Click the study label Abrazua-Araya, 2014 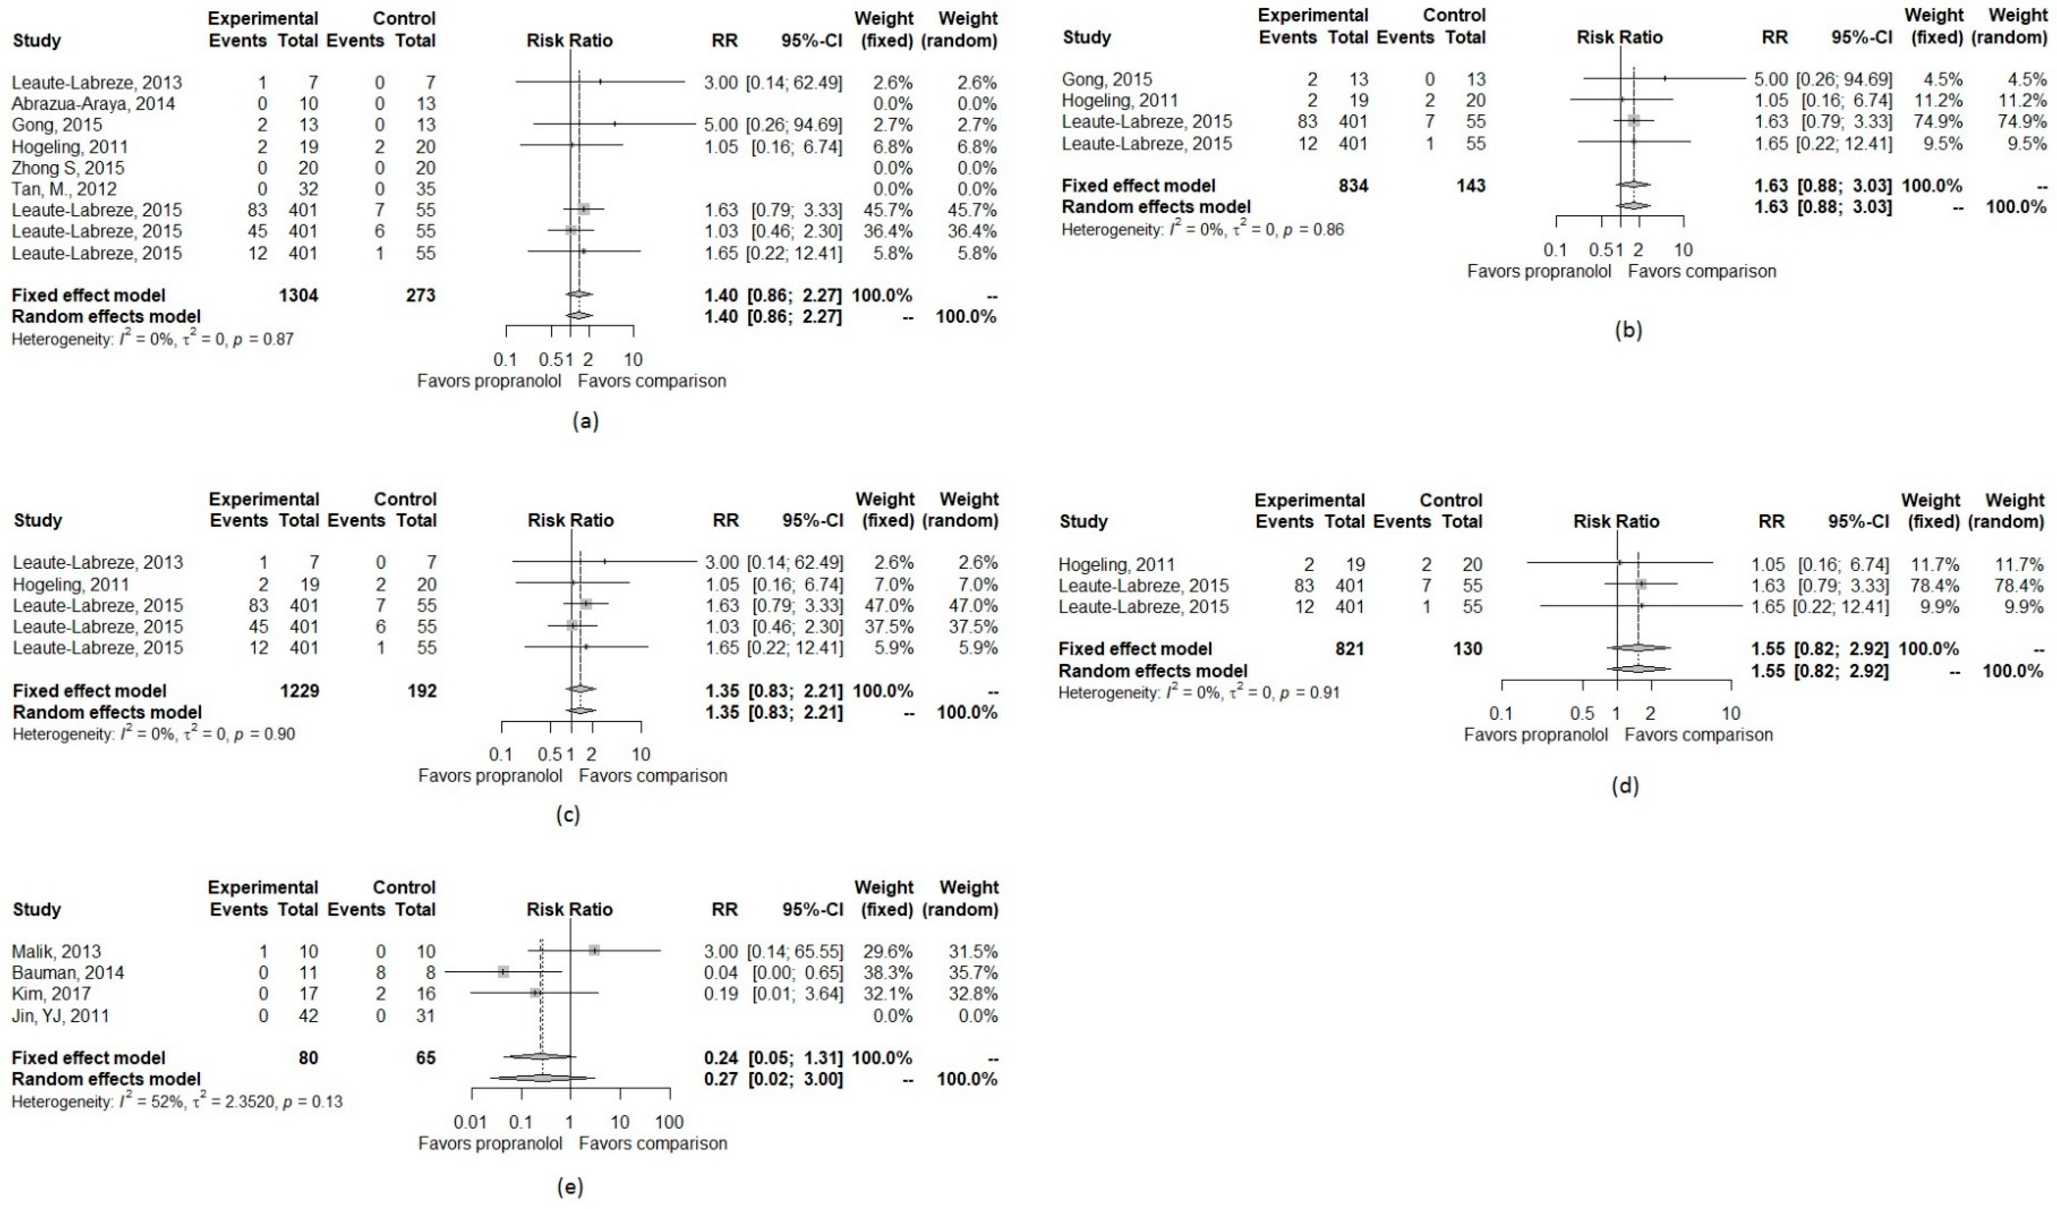[x=93, y=104]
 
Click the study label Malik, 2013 [x=56, y=951]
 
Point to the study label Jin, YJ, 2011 [x=60, y=1016]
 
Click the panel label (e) [x=569, y=1188]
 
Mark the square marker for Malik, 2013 [x=594, y=950]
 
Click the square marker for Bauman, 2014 [x=503, y=972]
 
